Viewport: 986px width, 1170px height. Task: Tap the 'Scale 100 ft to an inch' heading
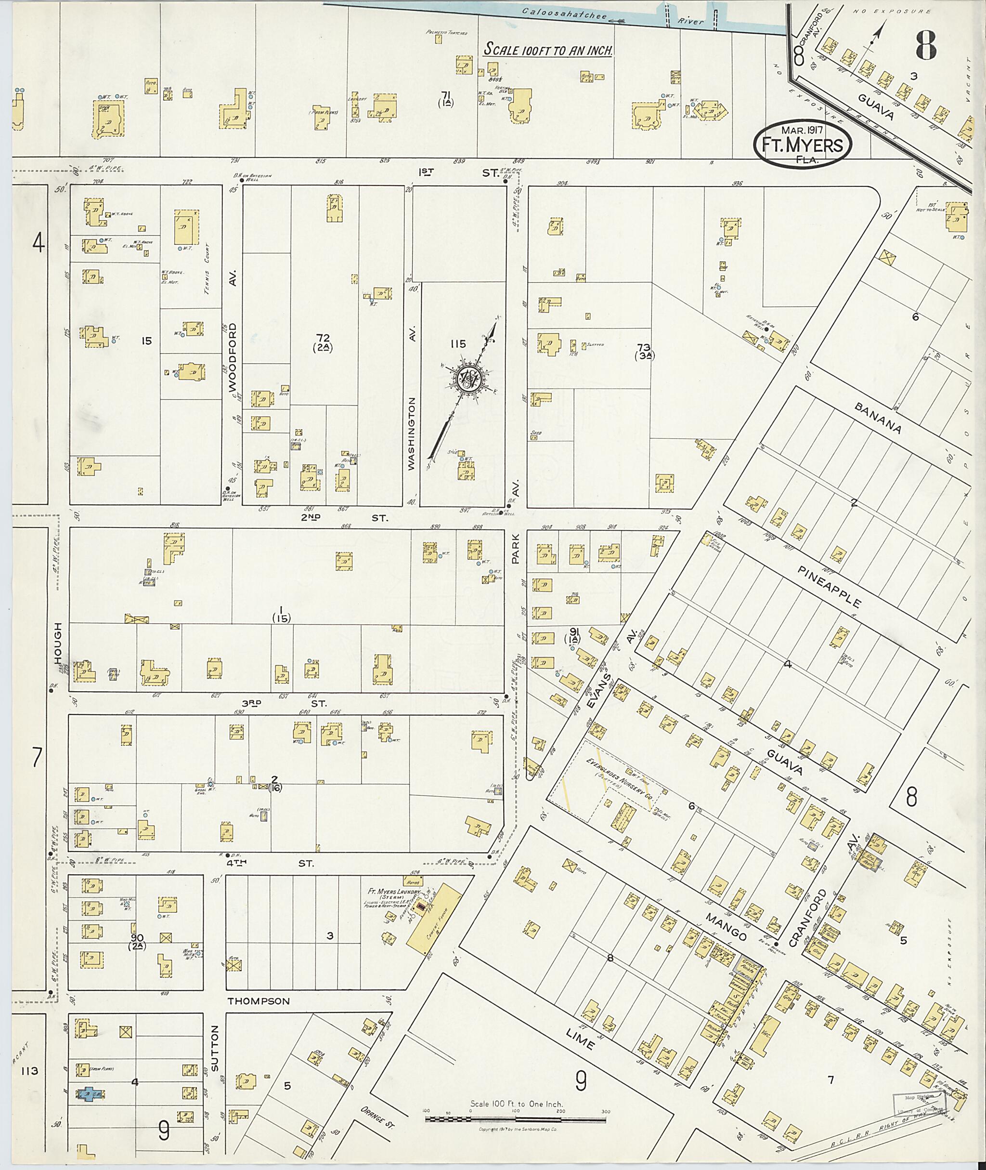tap(548, 49)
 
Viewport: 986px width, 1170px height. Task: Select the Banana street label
tap(877, 417)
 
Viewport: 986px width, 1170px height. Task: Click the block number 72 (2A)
tap(323, 342)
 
